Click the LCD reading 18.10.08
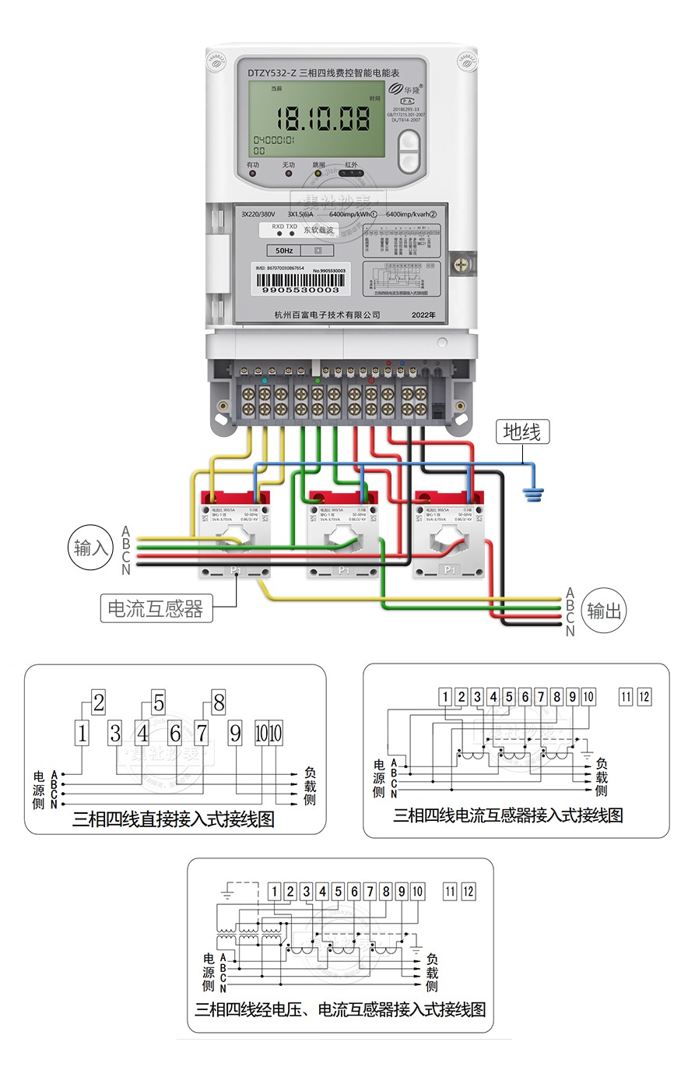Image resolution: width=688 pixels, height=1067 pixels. [x=323, y=119]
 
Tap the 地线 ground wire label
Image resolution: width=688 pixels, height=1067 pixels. [x=521, y=431]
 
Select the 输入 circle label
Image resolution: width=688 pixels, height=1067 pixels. [x=91, y=548]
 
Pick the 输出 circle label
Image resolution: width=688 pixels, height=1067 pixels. [x=604, y=611]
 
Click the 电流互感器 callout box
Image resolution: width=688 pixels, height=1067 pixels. [x=156, y=608]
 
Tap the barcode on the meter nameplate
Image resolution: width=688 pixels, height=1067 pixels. [x=300, y=282]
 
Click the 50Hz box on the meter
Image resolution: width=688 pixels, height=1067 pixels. [x=284, y=251]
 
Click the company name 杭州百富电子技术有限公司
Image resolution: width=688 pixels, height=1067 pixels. [x=328, y=315]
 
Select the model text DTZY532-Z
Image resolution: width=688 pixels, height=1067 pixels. [x=272, y=72]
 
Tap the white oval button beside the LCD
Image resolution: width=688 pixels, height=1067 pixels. [x=409, y=151]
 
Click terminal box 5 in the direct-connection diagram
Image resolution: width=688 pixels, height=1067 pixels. [x=158, y=703]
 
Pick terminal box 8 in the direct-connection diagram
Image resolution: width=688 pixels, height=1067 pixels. [x=219, y=703]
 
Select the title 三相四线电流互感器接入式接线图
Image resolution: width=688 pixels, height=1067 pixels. [x=508, y=815]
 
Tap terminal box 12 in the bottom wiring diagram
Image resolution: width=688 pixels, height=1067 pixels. [x=467, y=892]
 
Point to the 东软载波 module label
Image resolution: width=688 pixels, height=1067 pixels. [x=318, y=231]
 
